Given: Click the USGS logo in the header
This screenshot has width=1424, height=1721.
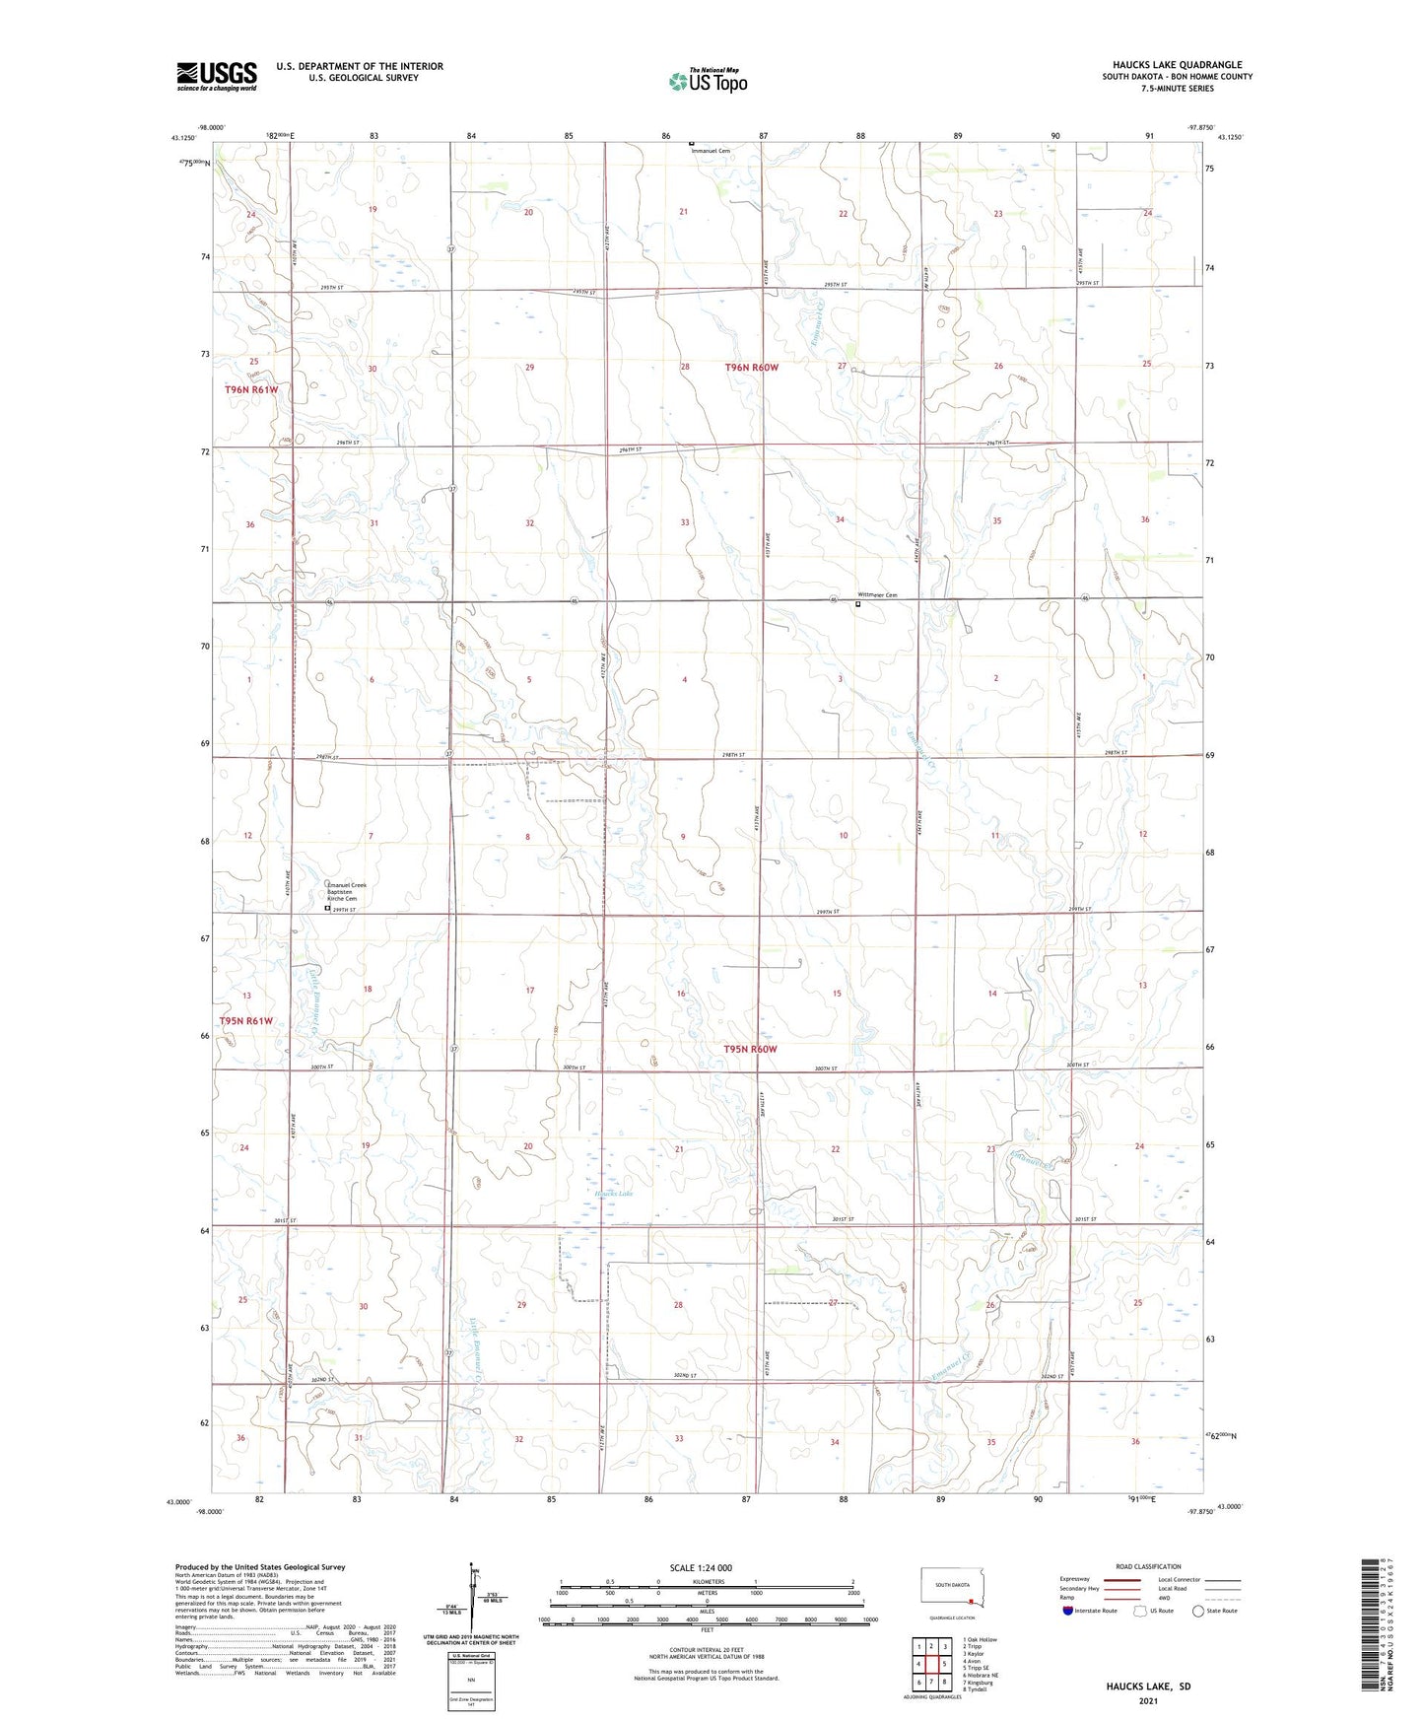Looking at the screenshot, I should point(217,76).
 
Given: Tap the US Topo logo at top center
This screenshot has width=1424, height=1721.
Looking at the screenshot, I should point(707,81).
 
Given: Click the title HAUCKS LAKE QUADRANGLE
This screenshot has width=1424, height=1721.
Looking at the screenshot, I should point(1177,65).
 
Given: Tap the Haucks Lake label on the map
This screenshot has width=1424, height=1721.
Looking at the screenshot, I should point(613,1194).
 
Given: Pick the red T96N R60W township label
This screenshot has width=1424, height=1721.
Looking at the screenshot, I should point(752,368).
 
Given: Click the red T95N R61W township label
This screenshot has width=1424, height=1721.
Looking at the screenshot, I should point(245,1021).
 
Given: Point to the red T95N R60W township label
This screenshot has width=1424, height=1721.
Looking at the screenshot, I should point(751,1050).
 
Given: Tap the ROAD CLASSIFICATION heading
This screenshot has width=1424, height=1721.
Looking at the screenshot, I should point(1148,1566).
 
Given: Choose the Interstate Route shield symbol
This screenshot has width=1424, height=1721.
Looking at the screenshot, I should point(1068,1611).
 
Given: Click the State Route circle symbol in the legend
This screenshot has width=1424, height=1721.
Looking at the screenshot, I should point(1198,1611).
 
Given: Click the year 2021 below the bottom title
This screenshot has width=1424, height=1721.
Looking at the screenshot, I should point(1148,1700).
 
